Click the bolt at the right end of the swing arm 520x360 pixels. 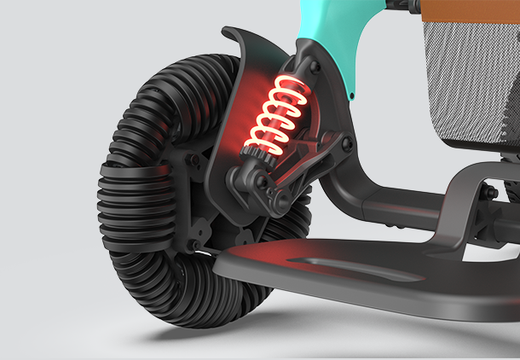345,145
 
